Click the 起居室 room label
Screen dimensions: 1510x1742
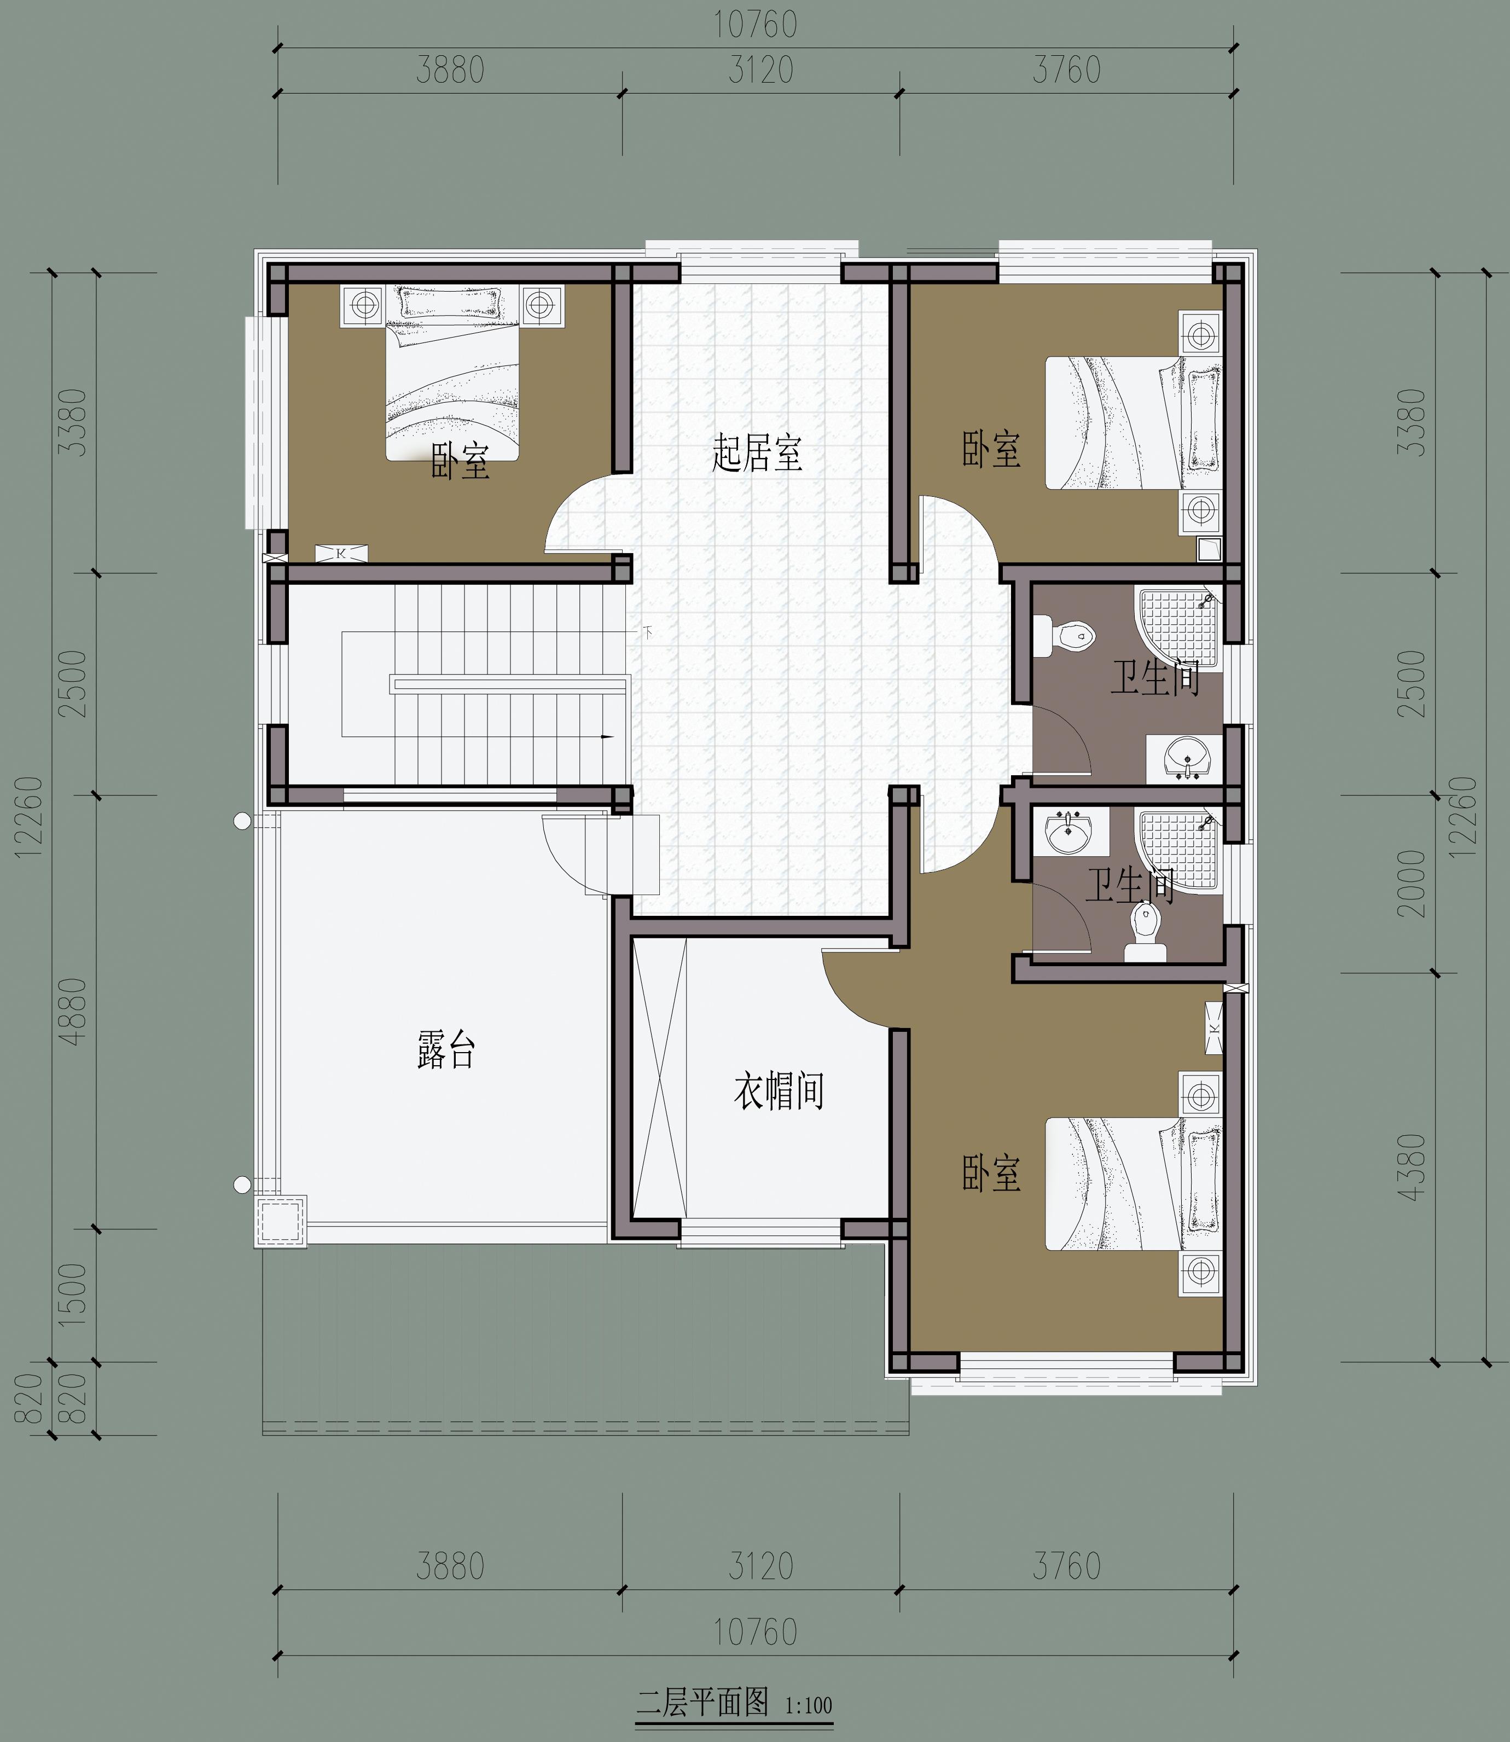coord(757,454)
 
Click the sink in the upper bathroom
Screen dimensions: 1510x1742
coord(1184,756)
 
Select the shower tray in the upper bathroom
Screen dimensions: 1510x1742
coord(1179,629)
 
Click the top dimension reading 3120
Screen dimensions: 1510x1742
coord(761,71)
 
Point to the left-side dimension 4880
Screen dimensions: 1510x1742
coord(74,1011)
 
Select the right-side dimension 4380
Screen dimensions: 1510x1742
coord(1412,1167)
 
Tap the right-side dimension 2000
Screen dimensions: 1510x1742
coord(1412,884)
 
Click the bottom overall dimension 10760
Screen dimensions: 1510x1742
coord(756,1633)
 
